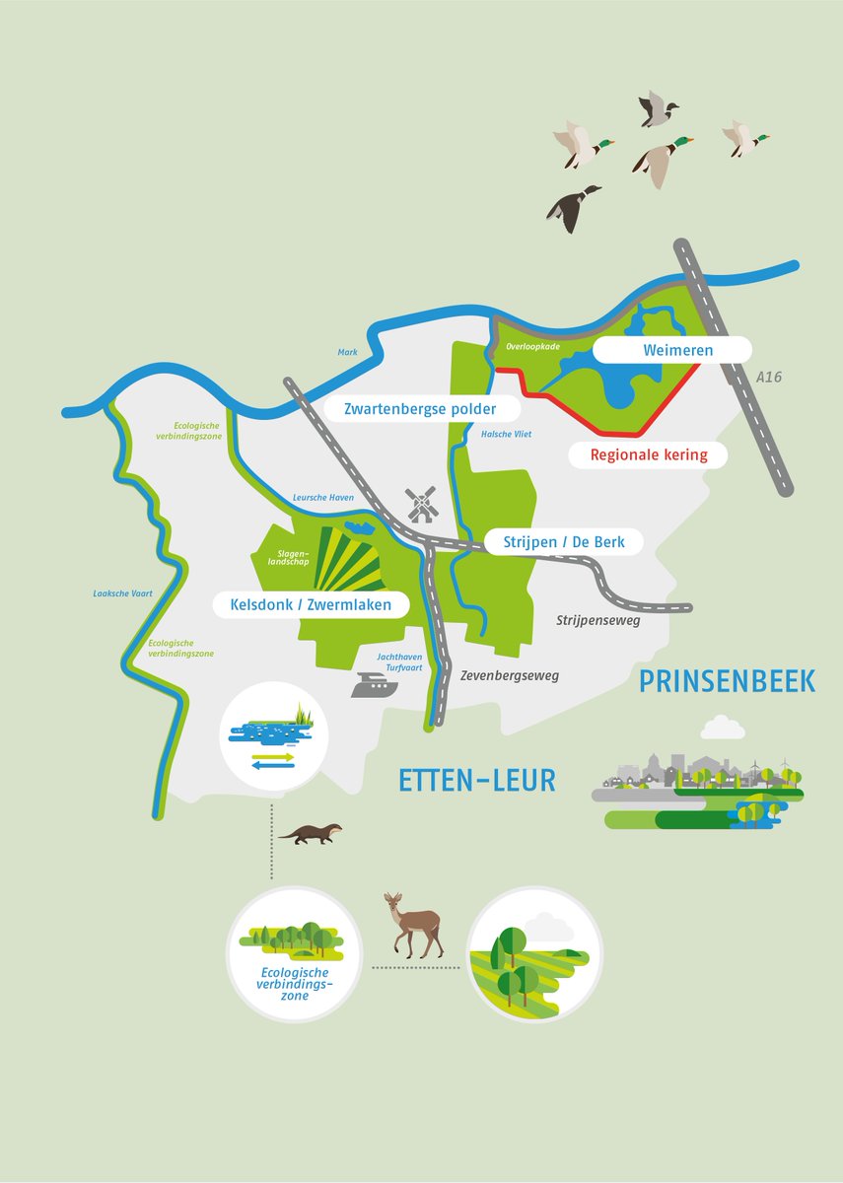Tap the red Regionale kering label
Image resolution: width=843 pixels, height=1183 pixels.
tap(649, 454)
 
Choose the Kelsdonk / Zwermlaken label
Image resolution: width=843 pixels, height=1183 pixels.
tap(312, 604)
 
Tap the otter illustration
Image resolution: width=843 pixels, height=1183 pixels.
tap(311, 834)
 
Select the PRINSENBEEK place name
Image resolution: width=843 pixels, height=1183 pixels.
tap(727, 680)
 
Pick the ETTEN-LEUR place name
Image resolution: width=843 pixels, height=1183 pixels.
tap(477, 780)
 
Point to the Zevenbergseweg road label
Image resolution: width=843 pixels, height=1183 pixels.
tap(509, 675)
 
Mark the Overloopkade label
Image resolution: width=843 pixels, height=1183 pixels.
tap(533, 346)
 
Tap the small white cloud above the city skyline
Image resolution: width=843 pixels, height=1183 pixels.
tap(722, 728)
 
